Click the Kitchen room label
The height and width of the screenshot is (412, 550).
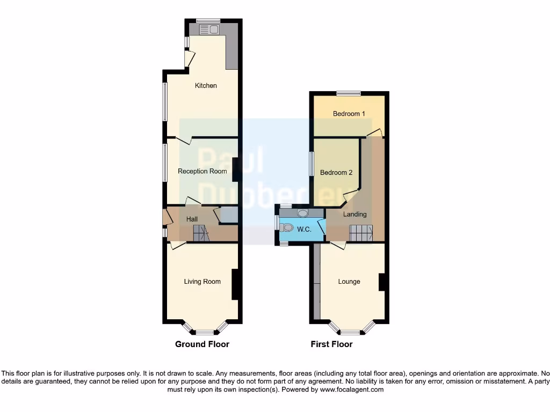tap(206, 86)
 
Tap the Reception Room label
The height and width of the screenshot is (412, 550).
tap(202, 172)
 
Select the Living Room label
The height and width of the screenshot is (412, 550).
tap(202, 282)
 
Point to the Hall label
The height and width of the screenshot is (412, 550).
tap(192, 219)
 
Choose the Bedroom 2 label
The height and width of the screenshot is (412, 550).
tap(336, 173)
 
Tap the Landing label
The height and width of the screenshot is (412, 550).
tap(355, 215)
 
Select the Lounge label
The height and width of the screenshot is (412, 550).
tap(349, 282)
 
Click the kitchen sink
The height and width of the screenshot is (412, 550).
tap(208, 29)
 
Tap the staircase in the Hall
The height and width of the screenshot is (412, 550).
tap(201, 233)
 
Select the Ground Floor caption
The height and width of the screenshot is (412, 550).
tap(202, 344)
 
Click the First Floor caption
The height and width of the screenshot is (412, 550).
tap(331, 344)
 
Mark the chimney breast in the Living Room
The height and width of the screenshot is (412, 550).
tap(235, 284)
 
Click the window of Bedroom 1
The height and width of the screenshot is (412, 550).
tap(349, 93)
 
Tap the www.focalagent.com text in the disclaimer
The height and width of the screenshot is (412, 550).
tap(352, 390)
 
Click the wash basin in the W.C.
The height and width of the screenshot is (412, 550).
tap(302, 213)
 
